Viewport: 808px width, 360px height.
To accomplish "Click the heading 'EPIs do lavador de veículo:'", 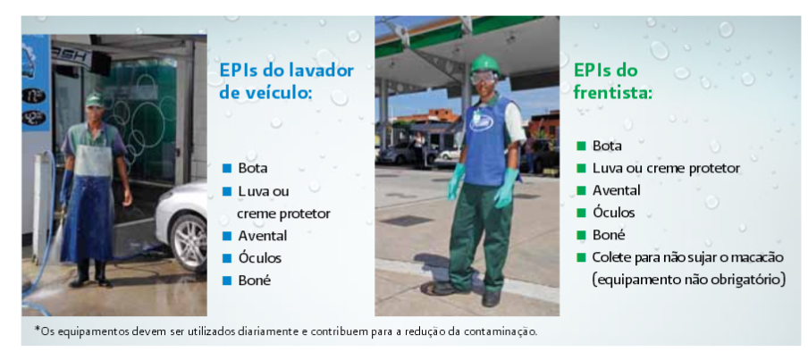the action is [x=287, y=81].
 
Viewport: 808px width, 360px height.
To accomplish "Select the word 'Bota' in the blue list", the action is [x=253, y=169].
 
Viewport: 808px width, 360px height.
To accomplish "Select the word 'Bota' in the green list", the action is [x=607, y=146].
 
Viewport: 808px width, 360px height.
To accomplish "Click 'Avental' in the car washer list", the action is [x=262, y=236].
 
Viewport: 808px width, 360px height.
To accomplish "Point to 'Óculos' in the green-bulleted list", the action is [x=613, y=213].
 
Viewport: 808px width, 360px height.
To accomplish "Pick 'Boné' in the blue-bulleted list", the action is [x=255, y=280].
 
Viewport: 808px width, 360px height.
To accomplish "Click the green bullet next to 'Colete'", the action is [x=582, y=257].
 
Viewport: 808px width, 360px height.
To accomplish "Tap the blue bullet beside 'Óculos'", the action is [x=227, y=258].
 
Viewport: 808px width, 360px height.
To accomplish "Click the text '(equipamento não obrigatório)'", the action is [x=688, y=280].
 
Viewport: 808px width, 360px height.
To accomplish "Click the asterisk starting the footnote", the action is [x=37, y=329].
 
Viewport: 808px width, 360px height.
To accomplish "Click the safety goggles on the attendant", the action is [x=484, y=77].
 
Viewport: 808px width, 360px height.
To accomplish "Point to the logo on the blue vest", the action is [x=481, y=123].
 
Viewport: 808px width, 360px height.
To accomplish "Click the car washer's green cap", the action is [x=95, y=100].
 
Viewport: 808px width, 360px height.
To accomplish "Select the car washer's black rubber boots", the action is [x=90, y=273].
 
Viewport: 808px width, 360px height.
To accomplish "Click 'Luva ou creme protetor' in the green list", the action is [x=666, y=168].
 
